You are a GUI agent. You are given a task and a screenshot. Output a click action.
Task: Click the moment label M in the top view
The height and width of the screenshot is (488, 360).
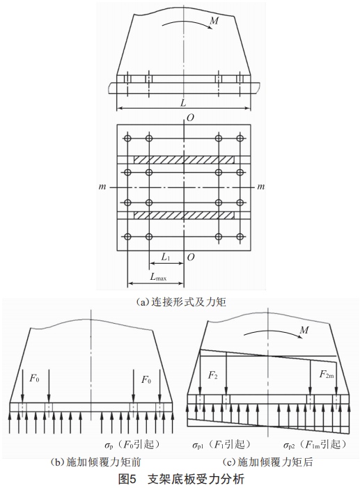pos(214,21)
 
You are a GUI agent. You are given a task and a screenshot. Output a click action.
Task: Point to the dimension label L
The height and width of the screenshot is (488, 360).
pos(183,103)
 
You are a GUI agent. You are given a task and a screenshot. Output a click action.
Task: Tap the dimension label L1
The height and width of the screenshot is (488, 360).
pos(166,257)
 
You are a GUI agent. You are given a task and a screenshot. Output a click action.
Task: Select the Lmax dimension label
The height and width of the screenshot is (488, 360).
pos(158,276)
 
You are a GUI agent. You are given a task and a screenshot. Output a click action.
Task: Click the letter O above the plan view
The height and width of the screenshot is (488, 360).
pos(190,118)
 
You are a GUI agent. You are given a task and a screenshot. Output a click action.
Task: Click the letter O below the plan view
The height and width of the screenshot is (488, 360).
pos(191,257)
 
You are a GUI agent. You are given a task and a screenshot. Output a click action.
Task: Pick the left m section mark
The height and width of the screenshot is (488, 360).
pos(102,187)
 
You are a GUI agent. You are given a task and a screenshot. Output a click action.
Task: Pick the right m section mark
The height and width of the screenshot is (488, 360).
pos(261,187)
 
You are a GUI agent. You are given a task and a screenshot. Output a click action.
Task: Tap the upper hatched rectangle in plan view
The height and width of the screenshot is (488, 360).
pos(184,159)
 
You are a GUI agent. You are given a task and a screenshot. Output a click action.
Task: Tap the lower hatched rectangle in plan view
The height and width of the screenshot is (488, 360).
pos(184,215)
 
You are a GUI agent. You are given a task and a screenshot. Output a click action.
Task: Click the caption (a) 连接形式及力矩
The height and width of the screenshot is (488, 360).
pos(182,301)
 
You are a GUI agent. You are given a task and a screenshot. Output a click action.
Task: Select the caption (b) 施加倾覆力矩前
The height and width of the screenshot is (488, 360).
pos(95,462)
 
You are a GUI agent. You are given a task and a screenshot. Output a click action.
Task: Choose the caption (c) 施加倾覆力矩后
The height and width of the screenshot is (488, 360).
pos(268,462)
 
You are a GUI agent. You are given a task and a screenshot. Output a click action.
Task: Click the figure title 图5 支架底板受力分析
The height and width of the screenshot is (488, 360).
pos(182,479)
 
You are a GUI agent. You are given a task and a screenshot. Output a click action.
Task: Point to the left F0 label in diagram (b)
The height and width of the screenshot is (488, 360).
pos(34,379)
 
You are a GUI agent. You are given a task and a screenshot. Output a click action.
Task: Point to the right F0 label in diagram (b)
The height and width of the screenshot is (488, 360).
pos(146,379)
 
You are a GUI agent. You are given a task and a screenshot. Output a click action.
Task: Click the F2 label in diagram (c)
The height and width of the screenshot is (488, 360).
pos(212,375)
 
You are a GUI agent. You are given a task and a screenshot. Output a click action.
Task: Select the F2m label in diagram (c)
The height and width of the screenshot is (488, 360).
pos(327,374)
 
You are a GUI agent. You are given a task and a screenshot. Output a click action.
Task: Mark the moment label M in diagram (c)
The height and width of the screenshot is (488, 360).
pos(304,330)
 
